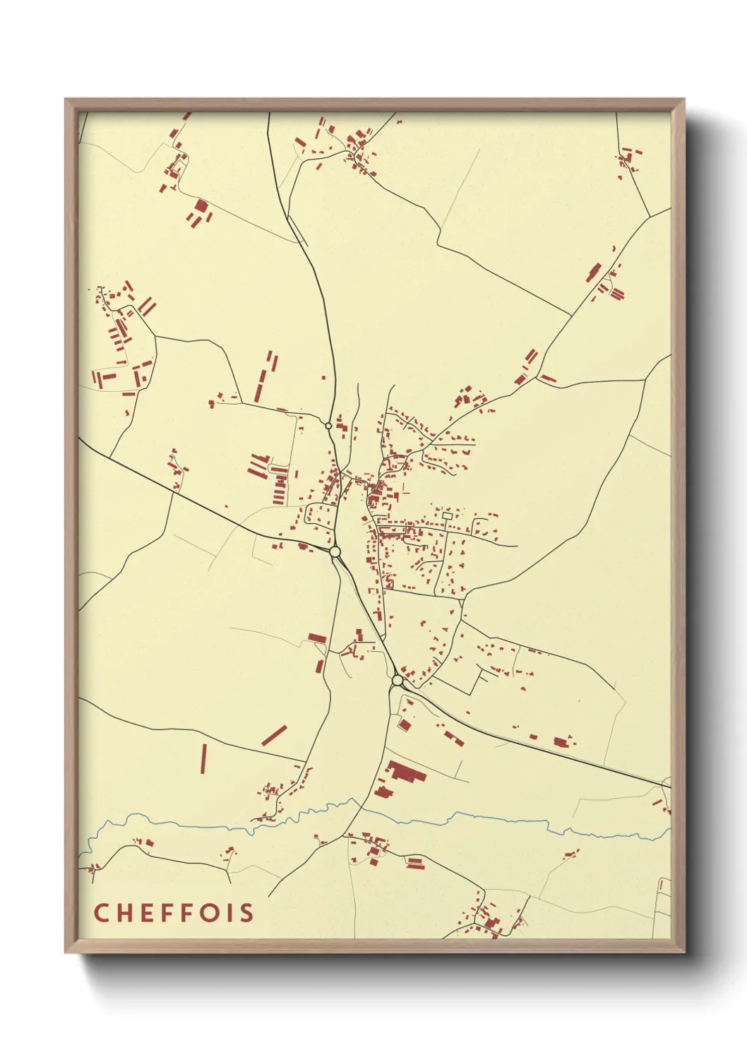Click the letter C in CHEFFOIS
click(x=101, y=912)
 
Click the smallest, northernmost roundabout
click(x=328, y=426)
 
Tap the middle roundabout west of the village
click(x=335, y=551)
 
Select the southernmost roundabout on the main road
click(x=398, y=680)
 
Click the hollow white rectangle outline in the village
click(x=447, y=516)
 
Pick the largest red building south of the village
click(x=406, y=772)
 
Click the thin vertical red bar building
click(x=203, y=759)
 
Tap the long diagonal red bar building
click(x=274, y=736)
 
